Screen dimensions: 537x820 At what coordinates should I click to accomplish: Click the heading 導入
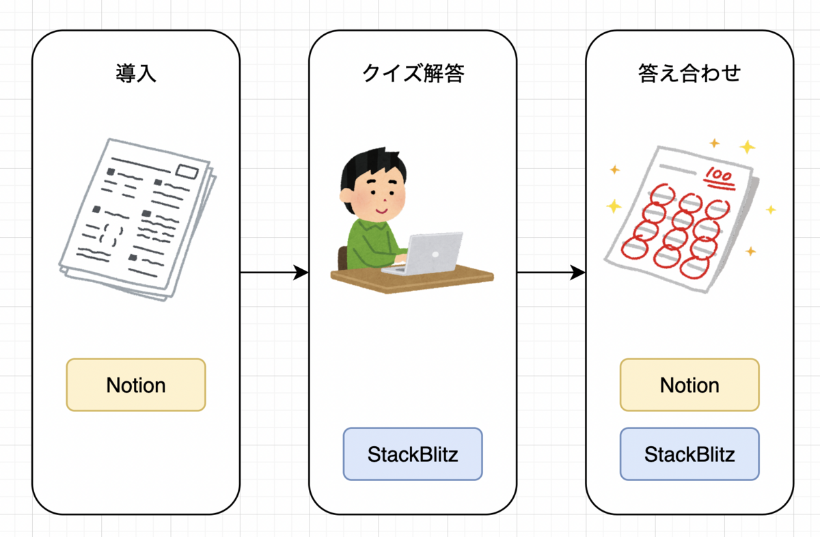(136, 73)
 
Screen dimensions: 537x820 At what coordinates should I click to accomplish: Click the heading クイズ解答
(413, 73)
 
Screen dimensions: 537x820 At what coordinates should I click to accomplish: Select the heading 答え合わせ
(689, 73)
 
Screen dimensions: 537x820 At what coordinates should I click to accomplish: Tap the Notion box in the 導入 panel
(136, 385)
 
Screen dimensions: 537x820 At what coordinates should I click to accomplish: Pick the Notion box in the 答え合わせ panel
(689, 385)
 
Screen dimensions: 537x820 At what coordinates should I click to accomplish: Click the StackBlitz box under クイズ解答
(413, 454)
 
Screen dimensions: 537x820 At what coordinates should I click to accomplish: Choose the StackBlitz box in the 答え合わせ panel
(689, 454)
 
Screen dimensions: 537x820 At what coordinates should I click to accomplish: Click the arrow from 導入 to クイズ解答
(273, 273)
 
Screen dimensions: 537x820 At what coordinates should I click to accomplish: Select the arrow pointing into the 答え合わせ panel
(551, 273)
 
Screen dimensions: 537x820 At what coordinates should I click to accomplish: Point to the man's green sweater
(369, 243)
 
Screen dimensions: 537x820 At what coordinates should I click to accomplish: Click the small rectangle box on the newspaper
(187, 171)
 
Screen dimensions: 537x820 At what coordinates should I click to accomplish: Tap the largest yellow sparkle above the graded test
(748, 147)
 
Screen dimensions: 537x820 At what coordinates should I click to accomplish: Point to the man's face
(376, 195)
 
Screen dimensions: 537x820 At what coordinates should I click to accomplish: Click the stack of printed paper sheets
(137, 219)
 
